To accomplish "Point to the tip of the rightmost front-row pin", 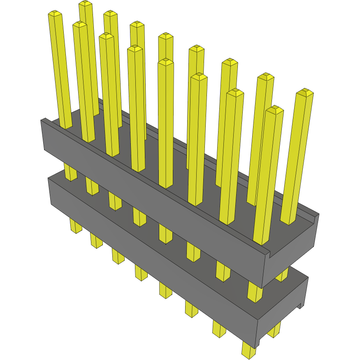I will click(274, 109).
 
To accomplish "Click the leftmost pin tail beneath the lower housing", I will click(75, 226).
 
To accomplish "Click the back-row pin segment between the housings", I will click(282, 274).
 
